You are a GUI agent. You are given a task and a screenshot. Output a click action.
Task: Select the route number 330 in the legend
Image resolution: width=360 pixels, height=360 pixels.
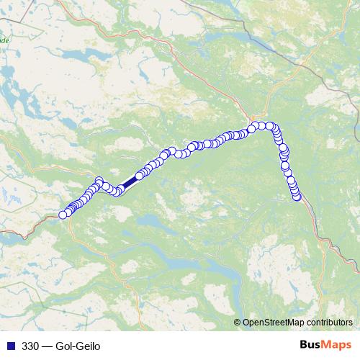(31, 346)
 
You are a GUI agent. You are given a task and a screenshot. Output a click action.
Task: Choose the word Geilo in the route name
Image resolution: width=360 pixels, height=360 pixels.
(89, 346)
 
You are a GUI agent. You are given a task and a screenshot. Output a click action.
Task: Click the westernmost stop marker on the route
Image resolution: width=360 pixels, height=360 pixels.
(63, 214)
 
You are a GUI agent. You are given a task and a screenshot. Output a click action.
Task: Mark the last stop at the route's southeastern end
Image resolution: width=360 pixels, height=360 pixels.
(297, 197)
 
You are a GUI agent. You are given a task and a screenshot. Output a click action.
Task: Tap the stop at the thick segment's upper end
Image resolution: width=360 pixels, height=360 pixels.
(139, 176)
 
